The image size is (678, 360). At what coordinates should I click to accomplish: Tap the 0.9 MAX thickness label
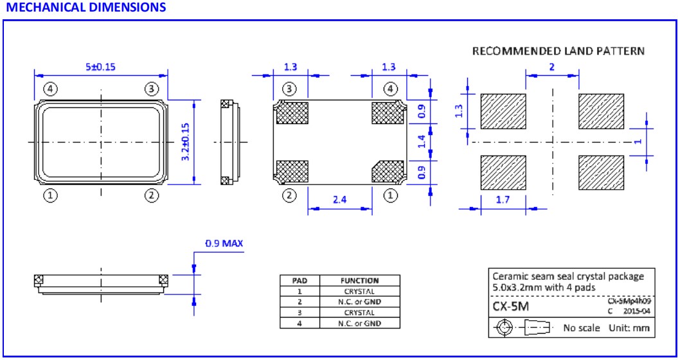tap(224, 244)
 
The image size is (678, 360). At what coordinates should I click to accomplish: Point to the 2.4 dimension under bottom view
tap(340, 200)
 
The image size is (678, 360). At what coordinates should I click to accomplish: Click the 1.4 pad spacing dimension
tap(422, 141)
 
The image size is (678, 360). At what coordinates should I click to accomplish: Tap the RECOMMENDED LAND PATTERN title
tap(558, 51)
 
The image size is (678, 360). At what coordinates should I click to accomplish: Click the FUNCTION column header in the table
tap(359, 280)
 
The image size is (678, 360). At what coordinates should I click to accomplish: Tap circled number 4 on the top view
tap(51, 88)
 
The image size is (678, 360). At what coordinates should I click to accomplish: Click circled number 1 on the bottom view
tap(389, 195)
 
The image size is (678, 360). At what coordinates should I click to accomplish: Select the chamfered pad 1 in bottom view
tap(388, 172)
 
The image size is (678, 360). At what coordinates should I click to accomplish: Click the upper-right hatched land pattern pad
tap(600, 113)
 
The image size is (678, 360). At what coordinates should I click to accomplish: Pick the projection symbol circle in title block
tap(504, 327)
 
